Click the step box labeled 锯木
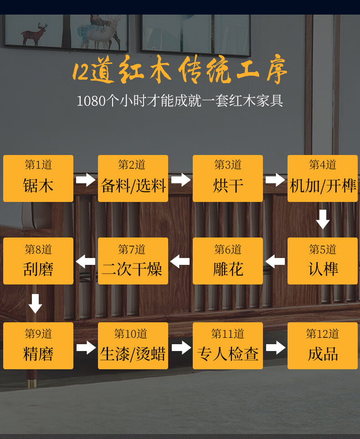pyautogui.click(x=38, y=178)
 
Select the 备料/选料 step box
pyautogui.click(x=133, y=178)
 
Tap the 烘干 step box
pyautogui.click(x=228, y=178)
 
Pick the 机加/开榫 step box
pyautogui.click(x=323, y=178)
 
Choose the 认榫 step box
pyautogui.click(x=323, y=261)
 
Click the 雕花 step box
pyautogui.click(x=228, y=261)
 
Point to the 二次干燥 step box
pyautogui.click(x=133, y=261)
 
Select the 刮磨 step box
pyautogui.click(x=38, y=261)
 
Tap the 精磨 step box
pyautogui.click(x=38, y=346)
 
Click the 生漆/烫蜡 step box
pyautogui.click(x=133, y=346)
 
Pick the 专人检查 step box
pyautogui.click(x=228, y=346)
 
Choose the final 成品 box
pyautogui.click(x=323, y=346)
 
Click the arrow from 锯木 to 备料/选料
pyautogui.click(x=86, y=180)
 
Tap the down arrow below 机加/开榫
pyautogui.click(x=323, y=219)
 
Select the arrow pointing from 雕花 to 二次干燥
pyautogui.click(x=180, y=262)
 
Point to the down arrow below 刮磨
pyautogui.click(x=36, y=304)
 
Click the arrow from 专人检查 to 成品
pyautogui.click(x=275, y=348)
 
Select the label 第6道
pyautogui.click(x=228, y=249)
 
